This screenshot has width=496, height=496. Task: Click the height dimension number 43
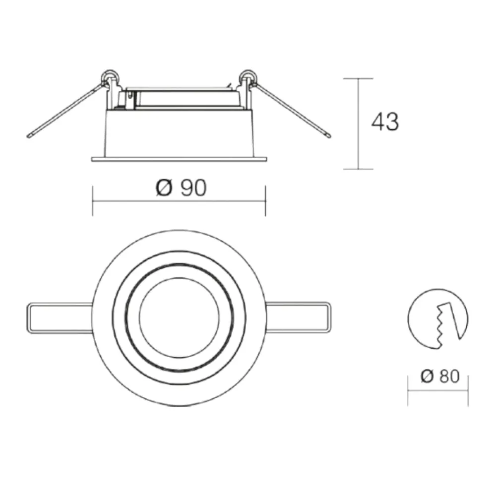[385, 122]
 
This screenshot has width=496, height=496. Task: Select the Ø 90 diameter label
[181, 187]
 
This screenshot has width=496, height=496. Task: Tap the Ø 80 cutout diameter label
[439, 376]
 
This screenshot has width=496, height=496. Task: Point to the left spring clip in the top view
[60, 318]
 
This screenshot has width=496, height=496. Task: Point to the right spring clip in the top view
[298, 318]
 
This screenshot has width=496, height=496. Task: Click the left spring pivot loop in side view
[110, 76]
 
